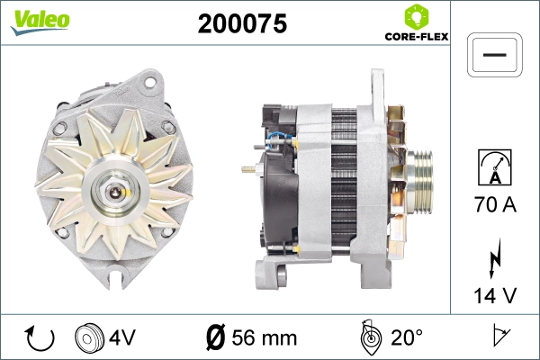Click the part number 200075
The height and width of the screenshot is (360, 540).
pyautogui.click(x=242, y=25)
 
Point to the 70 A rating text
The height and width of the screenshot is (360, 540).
pyautogui.click(x=494, y=205)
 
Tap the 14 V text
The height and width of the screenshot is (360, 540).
pyautogui.click(x=494, y=292)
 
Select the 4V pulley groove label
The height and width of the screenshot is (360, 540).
pyautogui.click(x=122, y=338)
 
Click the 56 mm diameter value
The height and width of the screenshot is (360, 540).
pyautogui.click(x=264, y=338)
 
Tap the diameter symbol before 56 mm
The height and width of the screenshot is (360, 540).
pyautogui.click(x=216, y=338)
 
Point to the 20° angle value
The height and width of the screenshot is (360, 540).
pyautogui.click(x=407, y=338)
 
